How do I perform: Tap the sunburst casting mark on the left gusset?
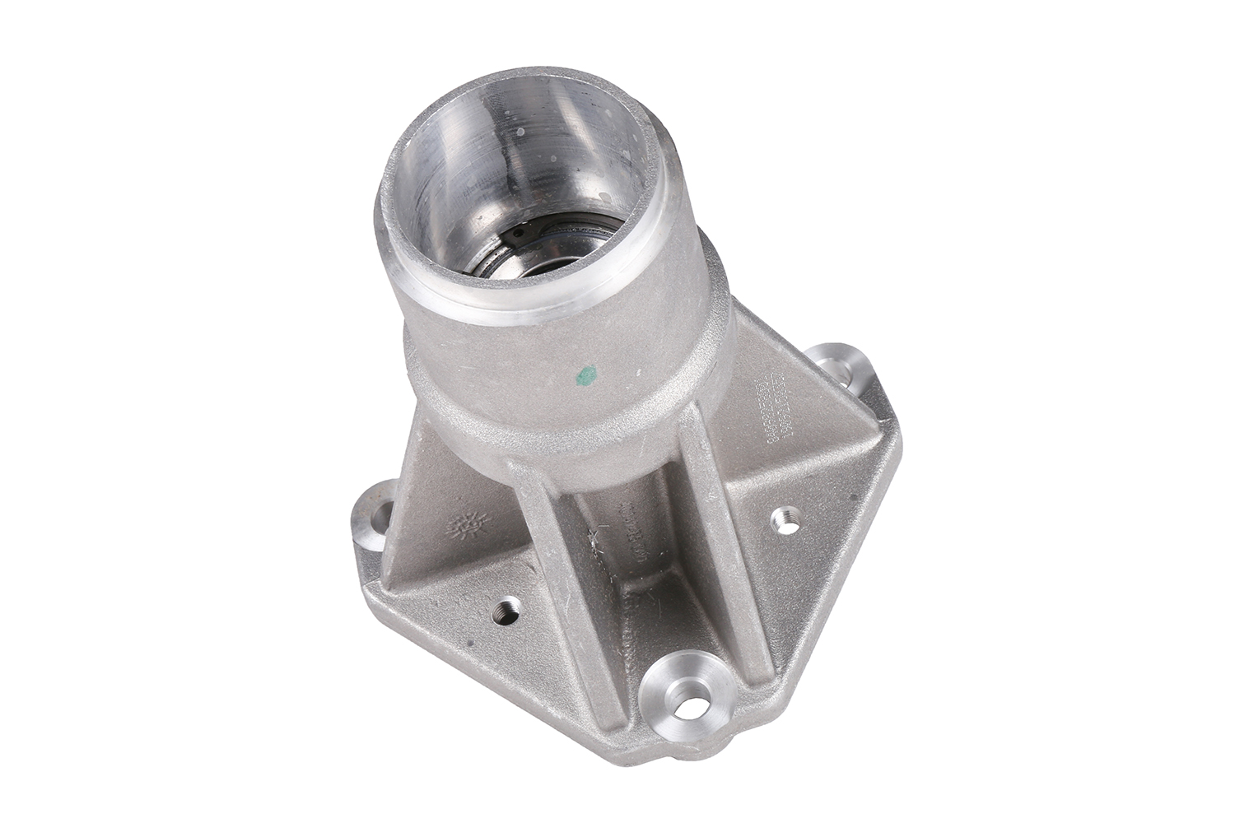tap(472, 523)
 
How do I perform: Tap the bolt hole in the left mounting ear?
tap(381, 519)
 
